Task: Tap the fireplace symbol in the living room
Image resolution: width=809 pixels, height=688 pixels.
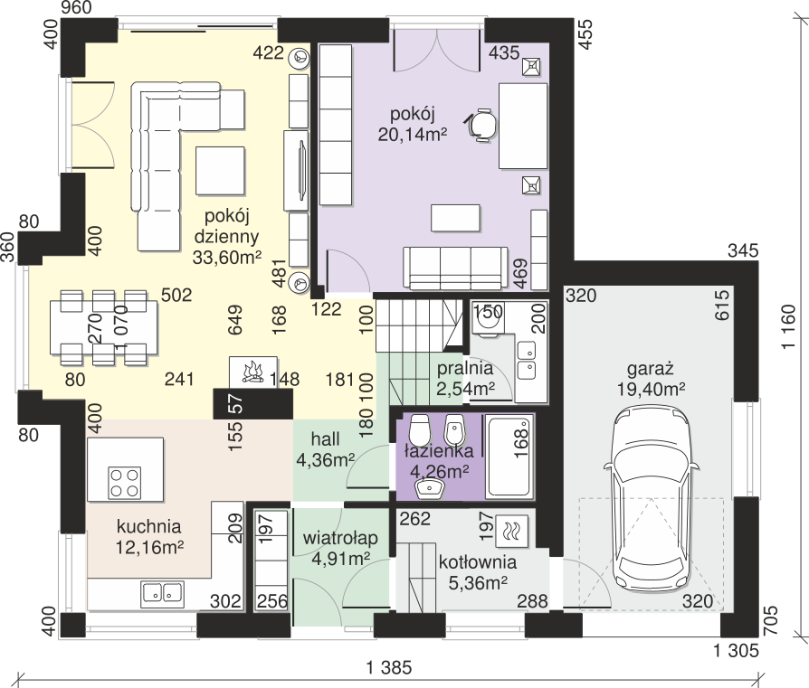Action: coord(252,371)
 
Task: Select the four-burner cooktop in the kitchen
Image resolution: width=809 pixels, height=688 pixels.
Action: coord(125,483)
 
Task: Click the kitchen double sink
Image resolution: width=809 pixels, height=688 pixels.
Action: coord(162,593)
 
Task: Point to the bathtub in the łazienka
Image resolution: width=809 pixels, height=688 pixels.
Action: coord(509,457)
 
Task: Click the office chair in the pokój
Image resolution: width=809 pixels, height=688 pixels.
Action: coord(483,125)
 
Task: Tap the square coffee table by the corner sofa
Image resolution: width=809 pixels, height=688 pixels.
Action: coord(220,171)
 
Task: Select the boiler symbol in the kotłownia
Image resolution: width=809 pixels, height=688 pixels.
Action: coord(510,531)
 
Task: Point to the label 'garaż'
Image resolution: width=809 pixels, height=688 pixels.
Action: coord(651,369)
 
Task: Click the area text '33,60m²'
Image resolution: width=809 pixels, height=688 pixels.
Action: coord(227,257)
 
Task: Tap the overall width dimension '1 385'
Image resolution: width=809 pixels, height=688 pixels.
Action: coord(389,668)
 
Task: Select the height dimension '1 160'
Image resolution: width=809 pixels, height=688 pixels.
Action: coord(788,327)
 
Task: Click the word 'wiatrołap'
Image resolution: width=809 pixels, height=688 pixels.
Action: coord(340,538)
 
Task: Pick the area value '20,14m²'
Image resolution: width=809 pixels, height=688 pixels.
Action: coord(413,135)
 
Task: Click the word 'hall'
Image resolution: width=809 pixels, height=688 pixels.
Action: coord(325,439)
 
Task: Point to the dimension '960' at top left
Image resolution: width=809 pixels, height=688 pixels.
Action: coord(76,8)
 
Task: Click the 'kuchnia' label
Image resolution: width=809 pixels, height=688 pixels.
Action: coord(148,527)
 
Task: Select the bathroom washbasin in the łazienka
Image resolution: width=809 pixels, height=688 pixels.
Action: coord(429,487)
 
